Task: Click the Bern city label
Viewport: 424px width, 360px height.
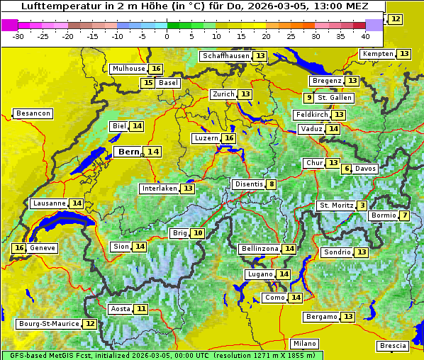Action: coord(129,152)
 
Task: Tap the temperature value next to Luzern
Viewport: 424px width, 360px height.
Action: coord(228,138)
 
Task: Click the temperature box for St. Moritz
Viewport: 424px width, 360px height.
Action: coord(362,206)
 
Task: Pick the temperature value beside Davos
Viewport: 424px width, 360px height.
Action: coord(347,169)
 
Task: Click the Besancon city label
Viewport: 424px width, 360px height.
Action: coord(33,113)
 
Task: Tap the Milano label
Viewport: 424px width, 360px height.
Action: coord(305,343)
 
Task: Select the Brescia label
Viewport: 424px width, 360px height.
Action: coord(393,346)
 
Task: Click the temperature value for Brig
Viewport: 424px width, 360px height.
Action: coord(198,233)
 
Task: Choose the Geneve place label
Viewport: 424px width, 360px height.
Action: coord(43,248)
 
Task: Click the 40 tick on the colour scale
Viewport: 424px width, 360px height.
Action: coord(365,36)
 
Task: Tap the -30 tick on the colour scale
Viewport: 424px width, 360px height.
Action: coord(19,36)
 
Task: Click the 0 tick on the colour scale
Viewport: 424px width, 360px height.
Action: coord(167,36)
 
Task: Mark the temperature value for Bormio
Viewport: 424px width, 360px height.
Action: coord(404,215)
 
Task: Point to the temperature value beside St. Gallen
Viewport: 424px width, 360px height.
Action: coord(308,98)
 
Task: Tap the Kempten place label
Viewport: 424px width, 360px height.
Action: coord(376,54)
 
